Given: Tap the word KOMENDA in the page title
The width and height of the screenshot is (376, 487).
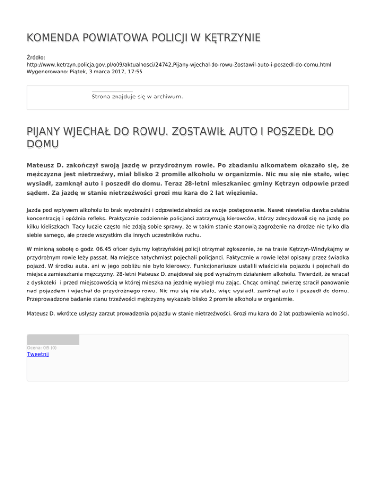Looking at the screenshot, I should (53, 38).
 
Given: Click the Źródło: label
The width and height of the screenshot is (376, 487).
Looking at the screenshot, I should (36, 57).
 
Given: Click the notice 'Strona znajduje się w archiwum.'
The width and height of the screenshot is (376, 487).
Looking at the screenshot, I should (137, 97).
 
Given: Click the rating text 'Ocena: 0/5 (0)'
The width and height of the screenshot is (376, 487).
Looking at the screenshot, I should (42, 348).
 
